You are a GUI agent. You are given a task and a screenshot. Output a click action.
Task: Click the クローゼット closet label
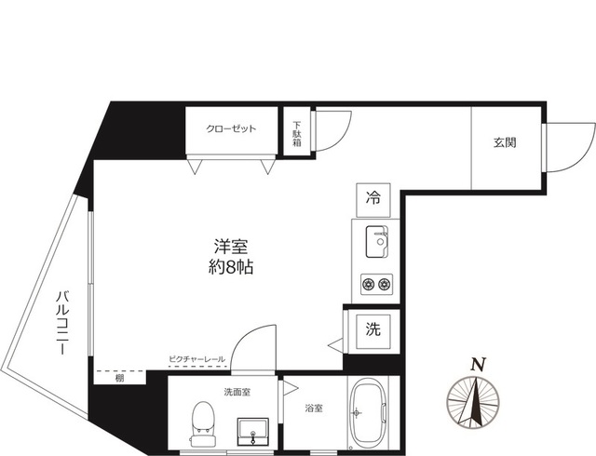(232, 129)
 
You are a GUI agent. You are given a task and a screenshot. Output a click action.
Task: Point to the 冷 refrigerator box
(373, 197)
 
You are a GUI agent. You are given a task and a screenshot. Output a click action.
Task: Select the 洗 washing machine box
(372, 329)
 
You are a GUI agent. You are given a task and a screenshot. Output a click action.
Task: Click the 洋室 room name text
(232, 247)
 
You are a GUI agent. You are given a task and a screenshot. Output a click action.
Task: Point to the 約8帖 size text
(232, 267)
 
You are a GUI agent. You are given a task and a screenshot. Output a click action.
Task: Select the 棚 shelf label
(120, 378)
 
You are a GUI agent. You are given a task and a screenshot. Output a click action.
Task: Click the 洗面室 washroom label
(236, 392)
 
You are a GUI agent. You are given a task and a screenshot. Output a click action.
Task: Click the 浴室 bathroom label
(313, 408)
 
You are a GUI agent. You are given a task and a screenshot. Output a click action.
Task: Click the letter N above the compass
(478, 364)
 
